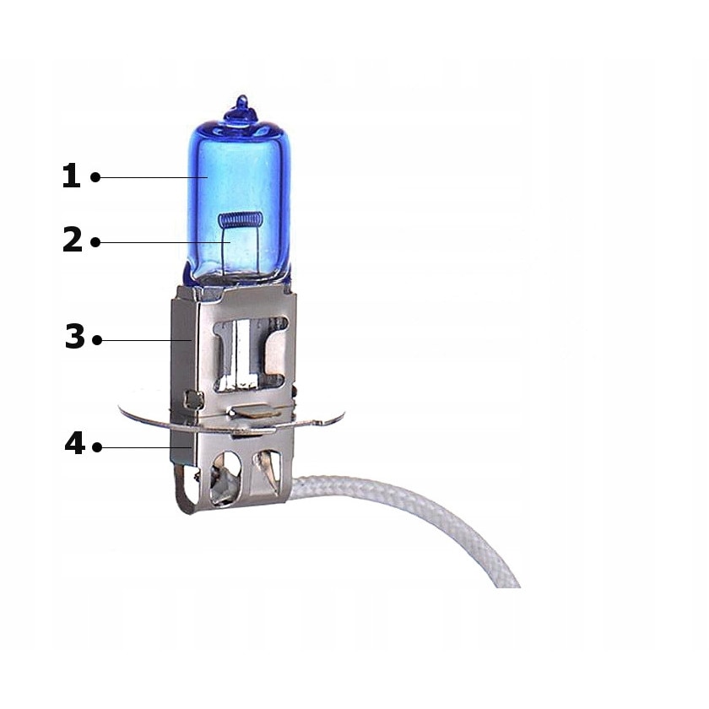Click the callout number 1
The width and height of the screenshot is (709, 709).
(72, 176)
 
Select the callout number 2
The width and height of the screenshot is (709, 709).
(73, 241)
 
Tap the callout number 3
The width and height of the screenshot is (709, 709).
(75, 338)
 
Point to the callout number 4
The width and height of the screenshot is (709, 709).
(74, 444)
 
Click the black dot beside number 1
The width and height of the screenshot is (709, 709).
(95, 177)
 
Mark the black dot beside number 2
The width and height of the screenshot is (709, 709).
(95, 242)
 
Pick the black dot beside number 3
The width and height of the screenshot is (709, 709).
(97, 340)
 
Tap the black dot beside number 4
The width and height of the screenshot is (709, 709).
(97, 447)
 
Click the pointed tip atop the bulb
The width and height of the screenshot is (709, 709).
(241, 100)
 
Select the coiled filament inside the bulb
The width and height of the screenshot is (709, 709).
(240, 220)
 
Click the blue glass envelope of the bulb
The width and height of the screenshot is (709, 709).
(253, 169)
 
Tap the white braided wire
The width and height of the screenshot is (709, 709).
(405, 498)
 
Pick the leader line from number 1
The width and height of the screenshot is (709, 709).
(152, 177)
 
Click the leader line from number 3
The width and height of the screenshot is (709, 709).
(143, 340)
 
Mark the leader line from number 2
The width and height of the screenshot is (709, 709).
(160, 242)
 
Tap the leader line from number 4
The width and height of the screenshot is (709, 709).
(139, 447)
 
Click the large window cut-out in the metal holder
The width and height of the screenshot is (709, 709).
(249, 350)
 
